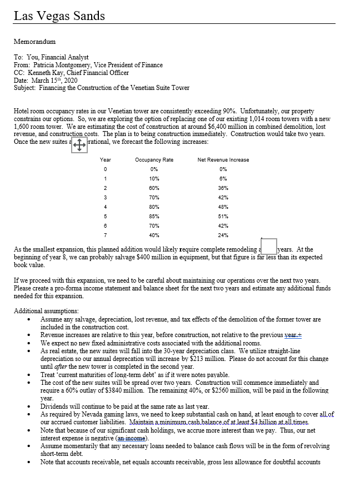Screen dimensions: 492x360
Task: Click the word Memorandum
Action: pos(34,42)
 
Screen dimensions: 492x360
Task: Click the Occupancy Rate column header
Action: pos(154,160)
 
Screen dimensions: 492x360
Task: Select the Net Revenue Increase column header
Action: pos(223,160)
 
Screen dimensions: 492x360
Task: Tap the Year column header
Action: pos(105,160)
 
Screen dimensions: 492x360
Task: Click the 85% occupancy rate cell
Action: pos(154,217)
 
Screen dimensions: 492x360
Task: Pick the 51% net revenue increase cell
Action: pos(223,217)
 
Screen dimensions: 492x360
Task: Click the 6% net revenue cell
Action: pos(223,179)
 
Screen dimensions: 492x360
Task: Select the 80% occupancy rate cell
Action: pos(154,207)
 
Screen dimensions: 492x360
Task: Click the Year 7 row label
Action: pos(105,235)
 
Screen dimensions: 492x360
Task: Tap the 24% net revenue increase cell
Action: pos(223,235)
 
